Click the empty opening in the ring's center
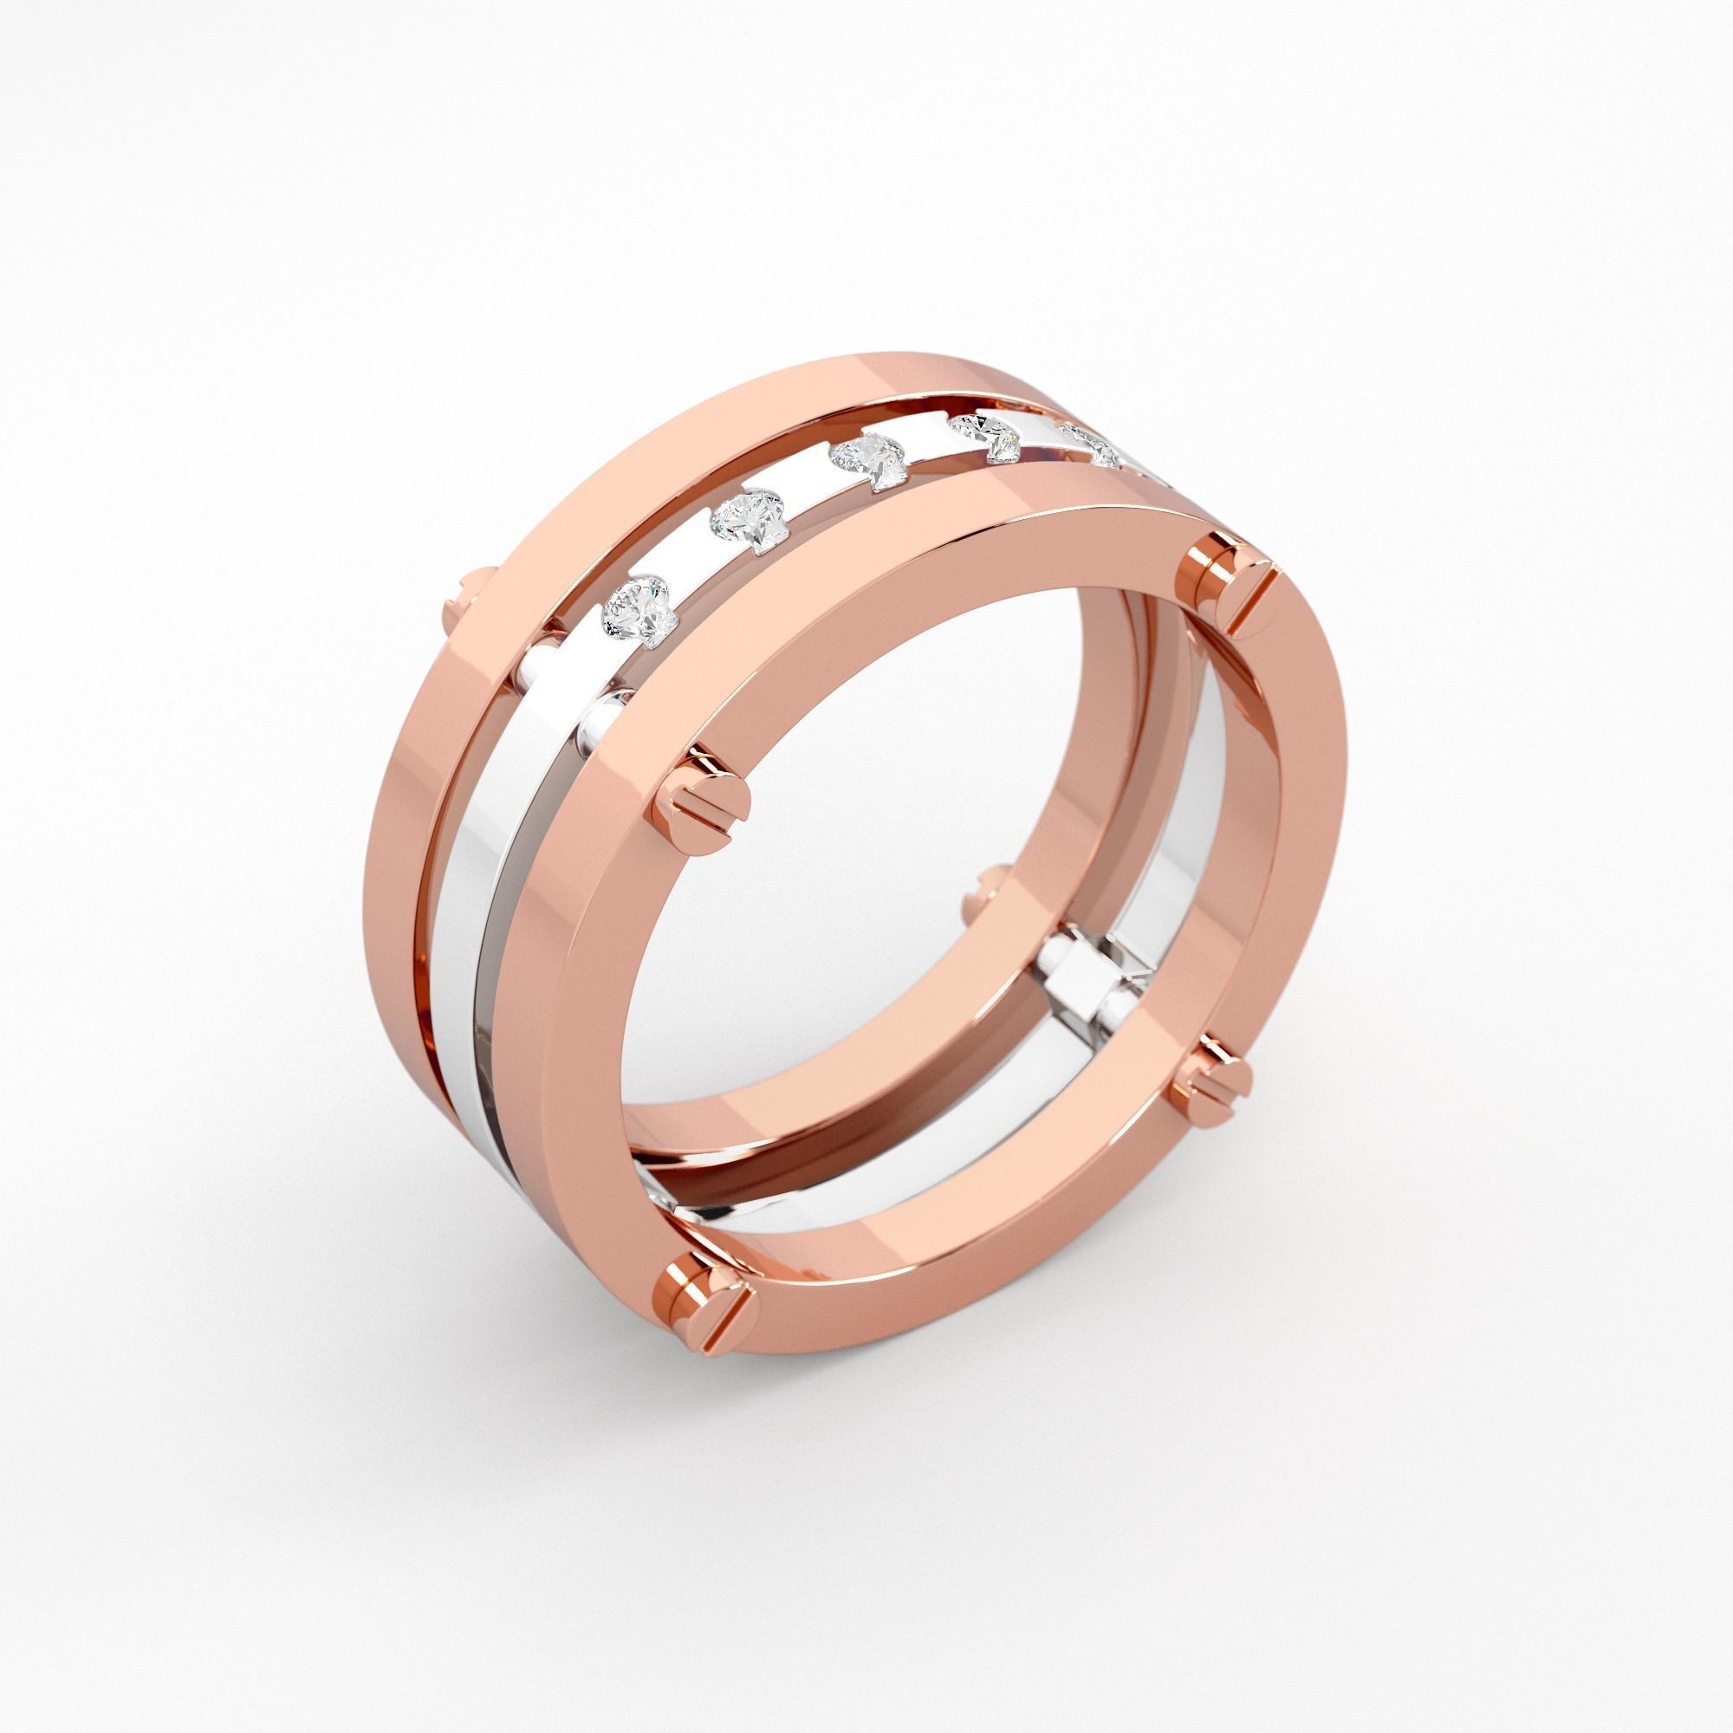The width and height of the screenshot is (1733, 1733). tap(897, 897)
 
